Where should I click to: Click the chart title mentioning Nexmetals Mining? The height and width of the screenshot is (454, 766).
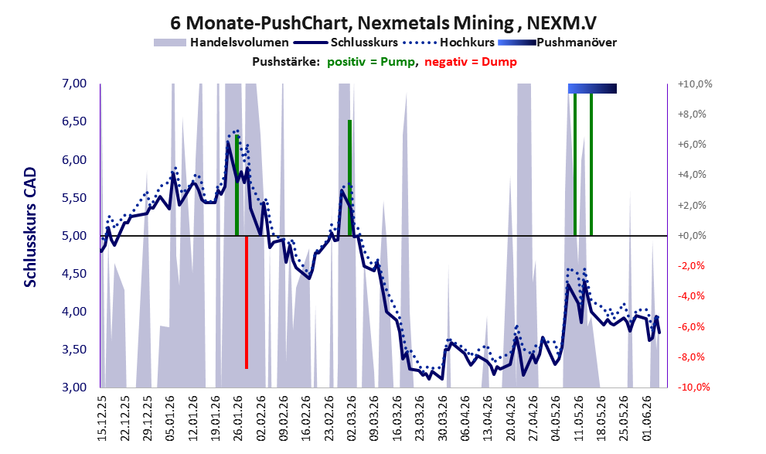coord(383,22)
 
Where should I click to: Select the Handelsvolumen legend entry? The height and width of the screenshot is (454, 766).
coord(221,43)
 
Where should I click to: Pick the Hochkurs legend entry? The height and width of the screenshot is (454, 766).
coord(449,43)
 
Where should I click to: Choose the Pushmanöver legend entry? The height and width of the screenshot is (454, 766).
coord(557,43)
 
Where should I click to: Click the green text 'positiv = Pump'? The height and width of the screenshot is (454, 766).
coord(371,62)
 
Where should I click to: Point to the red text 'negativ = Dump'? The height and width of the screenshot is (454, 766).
coord(471,62)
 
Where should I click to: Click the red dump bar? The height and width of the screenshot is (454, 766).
coord(247,302)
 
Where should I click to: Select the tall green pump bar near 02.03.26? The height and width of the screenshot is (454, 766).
coord(350,177)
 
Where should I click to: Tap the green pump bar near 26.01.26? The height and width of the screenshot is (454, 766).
coord(237,185)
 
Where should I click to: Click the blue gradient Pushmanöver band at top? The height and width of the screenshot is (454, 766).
coord(592,88)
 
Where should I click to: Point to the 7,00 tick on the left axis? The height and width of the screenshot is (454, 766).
coord(75,84)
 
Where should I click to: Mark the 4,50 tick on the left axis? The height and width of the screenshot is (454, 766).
coord(75,274)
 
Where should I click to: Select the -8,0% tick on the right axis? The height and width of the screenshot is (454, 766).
coord(693,357)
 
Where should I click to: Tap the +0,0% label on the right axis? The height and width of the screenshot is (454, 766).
coord(693,236)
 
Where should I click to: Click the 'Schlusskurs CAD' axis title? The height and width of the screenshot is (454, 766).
coord(30,227)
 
